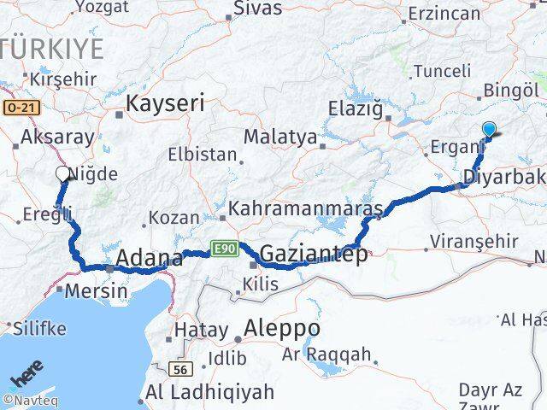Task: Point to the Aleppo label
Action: [282, 328]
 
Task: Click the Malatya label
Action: [280, 137]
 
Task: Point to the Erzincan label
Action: [444, 15]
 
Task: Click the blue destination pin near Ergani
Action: [490, 130]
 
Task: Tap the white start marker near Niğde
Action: [62, 174]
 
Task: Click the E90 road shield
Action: [224, 249]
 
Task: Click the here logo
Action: [26, 375]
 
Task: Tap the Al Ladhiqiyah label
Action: [210, 392]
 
